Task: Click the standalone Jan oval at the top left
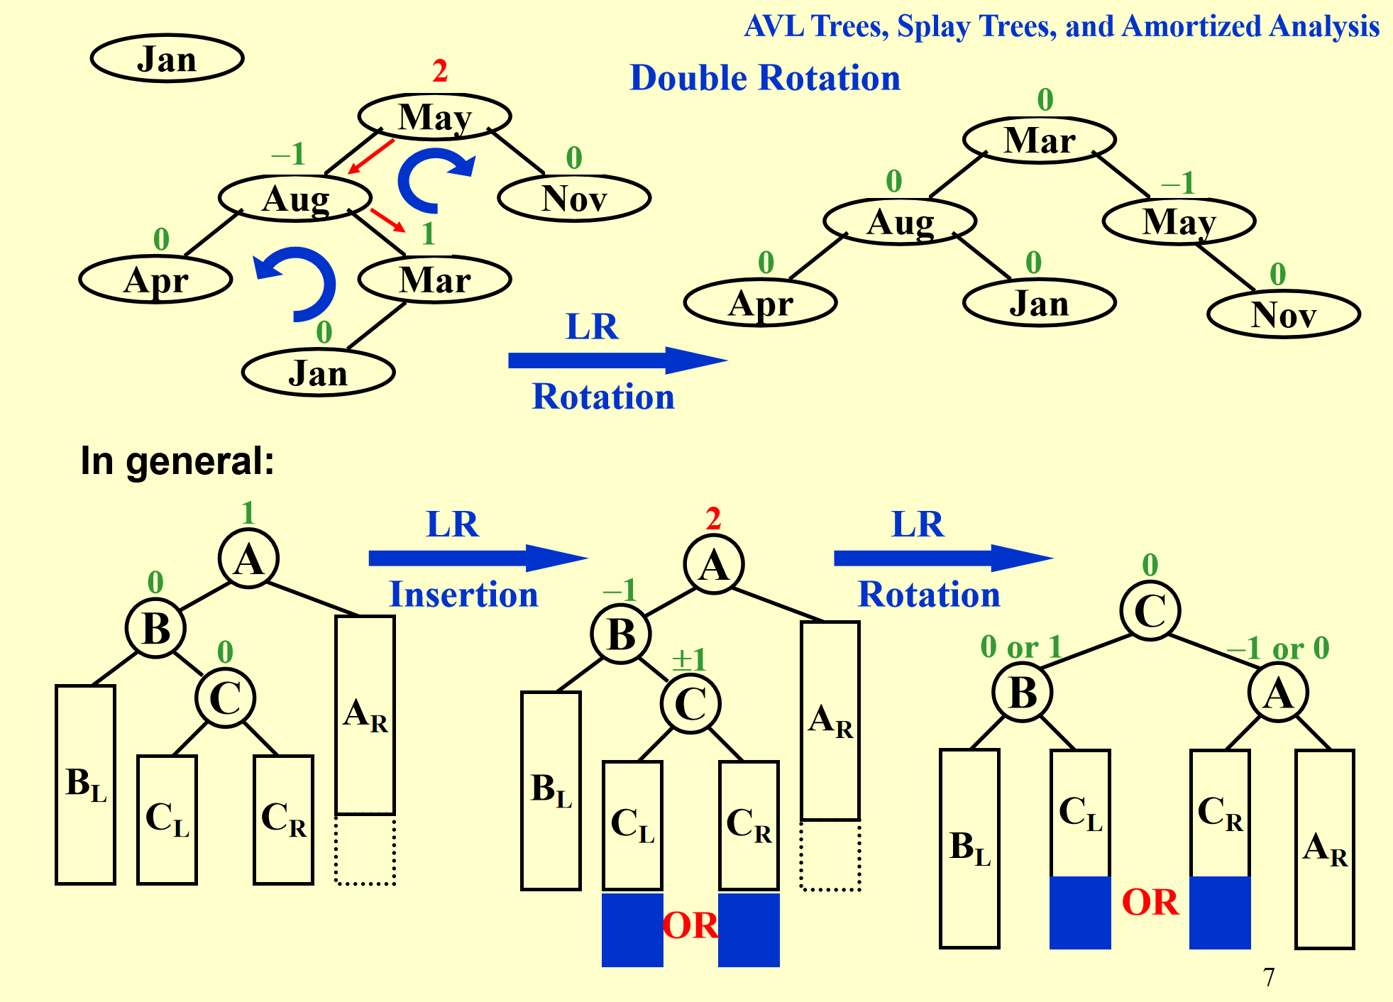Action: tap(167, 58)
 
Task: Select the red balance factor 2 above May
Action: tap(440, 71)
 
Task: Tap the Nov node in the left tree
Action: tap(574, 198)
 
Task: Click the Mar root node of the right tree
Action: tap(1040, 140)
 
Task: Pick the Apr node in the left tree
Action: tap(156, 280)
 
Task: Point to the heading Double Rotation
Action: tap(765, 77)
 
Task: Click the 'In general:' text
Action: tap(177, 461)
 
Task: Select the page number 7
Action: tap(1269, 977)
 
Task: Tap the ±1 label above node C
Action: tap(689, 660)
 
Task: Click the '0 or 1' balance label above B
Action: tap(1020, 647)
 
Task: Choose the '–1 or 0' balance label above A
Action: tap(1278, 648)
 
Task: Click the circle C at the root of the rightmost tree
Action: tap(1150, 610)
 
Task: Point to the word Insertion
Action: tap(464, 594)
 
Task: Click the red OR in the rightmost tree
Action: tap(1150, 903)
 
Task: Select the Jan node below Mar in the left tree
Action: tap(318, 373)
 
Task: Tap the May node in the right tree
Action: tap(1179, 221)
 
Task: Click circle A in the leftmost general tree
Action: tap(248, 558)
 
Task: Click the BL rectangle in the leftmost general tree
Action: tap(86, 784)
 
